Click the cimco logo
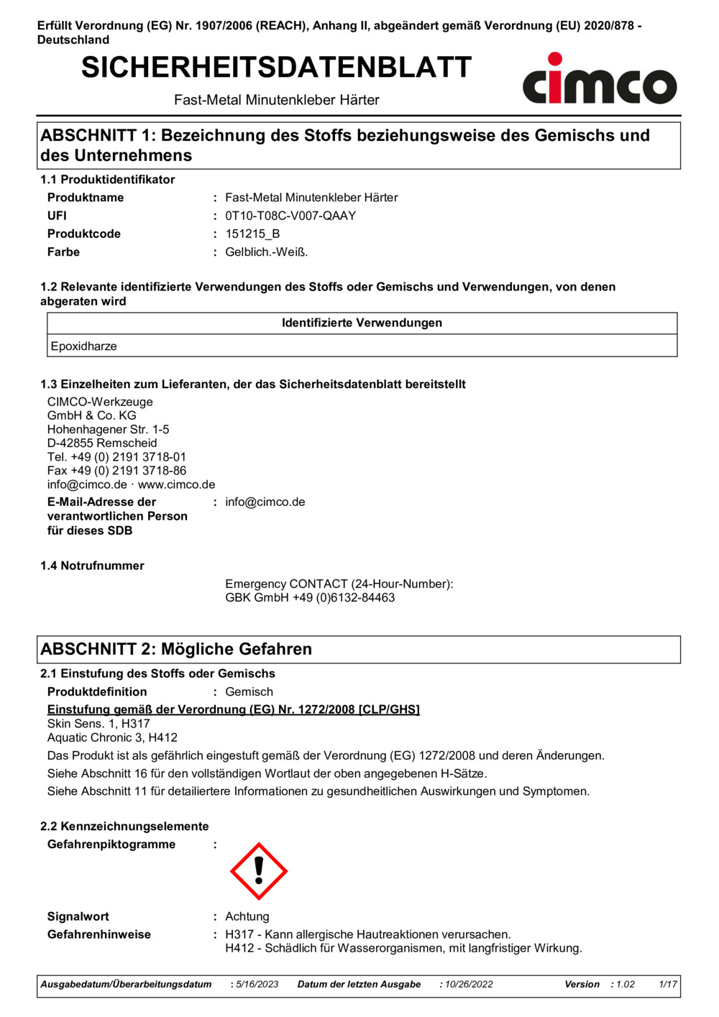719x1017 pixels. [x=599, y=80]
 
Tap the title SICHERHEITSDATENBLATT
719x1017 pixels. [x=276, y=68]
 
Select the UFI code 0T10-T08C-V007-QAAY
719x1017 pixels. [x=290, y=216]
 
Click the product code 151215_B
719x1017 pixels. [x=252, y=234]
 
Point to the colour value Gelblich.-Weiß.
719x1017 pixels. [x=266, y=252]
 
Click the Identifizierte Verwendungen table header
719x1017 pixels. [x=362, y=323]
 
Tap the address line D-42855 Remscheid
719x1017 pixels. [x=102, y=443]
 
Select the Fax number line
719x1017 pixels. [x=116, y=471]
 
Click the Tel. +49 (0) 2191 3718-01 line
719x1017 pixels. [x=116, y=457]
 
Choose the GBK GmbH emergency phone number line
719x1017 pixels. [x=310, y=598]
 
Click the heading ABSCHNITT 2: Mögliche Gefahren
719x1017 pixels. [x=176, y=649]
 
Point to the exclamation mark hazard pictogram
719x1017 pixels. [x=259, y=871]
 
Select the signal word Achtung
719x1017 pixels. [x=247, y=916]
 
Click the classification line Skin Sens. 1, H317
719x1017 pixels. [x=99, y=724]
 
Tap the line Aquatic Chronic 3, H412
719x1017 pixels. [x=112, y=737]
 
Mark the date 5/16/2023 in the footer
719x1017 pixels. [x=257, y=984]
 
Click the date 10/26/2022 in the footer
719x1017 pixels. [x=469, y=984]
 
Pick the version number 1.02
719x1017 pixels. [x=626, y=984]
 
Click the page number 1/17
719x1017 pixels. [x=668, y=984]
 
